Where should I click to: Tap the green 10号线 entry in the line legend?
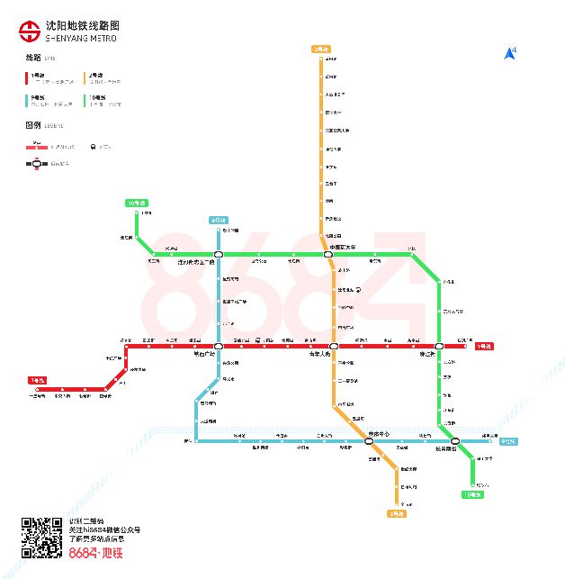92,96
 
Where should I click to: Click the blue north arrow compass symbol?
510,53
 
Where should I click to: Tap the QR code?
40,538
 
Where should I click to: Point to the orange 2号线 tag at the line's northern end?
320,49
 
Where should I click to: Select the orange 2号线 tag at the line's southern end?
397,513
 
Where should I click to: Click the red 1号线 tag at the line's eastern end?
484,346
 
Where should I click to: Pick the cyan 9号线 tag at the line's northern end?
218,220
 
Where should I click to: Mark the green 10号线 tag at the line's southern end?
471,494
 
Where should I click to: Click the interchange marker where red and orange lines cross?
333,346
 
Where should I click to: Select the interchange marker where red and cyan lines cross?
218,346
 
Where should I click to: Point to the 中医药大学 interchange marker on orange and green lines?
328,255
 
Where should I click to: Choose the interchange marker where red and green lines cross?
439,346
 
